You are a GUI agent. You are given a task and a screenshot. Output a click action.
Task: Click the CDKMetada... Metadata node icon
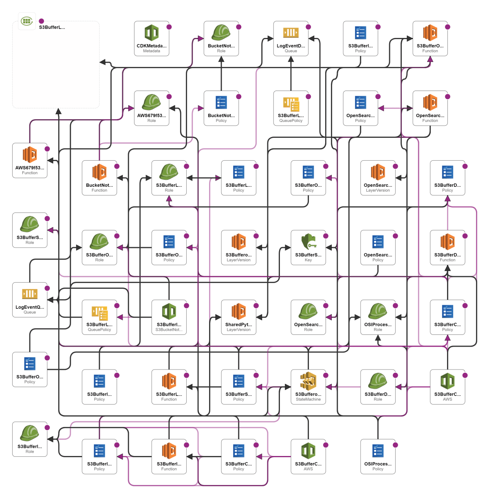coord(152,33)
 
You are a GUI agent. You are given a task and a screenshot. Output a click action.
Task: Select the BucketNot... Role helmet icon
coord(221,32)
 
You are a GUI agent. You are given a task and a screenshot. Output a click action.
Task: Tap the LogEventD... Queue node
coord(291,38)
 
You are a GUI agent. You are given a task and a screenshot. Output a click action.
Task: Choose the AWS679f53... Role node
coord(152,108)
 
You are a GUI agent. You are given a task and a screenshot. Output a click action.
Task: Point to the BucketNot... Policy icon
coord(221,102)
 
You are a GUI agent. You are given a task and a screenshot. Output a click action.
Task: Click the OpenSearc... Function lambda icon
coord(430,102)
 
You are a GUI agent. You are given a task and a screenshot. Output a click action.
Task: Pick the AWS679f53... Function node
coord(30,160)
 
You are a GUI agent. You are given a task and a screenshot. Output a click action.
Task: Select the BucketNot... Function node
coord(99,178)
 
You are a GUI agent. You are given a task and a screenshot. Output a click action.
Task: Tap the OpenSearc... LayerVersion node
coord(378,178)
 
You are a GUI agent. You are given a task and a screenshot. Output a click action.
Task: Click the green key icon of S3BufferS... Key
coord(308,242)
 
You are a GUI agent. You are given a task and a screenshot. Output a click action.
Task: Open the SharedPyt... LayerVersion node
coord(239,317)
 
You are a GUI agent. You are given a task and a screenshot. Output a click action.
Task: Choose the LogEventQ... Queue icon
coord(30,294)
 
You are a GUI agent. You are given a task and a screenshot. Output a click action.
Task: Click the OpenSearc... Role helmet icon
coord(308,311)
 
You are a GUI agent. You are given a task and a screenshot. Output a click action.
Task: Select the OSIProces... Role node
coord(378,317)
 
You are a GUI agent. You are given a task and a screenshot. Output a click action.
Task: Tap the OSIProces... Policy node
coord(378,457)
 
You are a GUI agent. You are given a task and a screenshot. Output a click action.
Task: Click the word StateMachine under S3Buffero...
coord(308,400)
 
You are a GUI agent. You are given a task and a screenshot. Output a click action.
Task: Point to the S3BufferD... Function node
coord(447,248)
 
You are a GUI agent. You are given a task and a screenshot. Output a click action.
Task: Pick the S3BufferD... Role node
coord(378,387)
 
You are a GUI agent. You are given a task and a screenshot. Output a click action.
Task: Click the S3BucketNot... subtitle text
coord(169,330)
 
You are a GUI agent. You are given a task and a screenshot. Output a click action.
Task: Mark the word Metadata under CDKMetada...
coord(152,51)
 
